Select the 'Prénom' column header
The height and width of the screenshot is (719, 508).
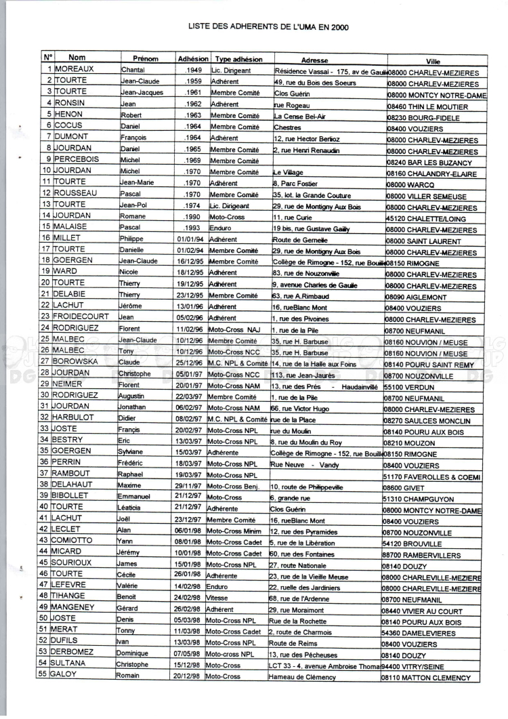145,59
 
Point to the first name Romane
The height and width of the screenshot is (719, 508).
132,215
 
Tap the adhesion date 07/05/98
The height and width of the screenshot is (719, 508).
189,653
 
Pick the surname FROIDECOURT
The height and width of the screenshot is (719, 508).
85,316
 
